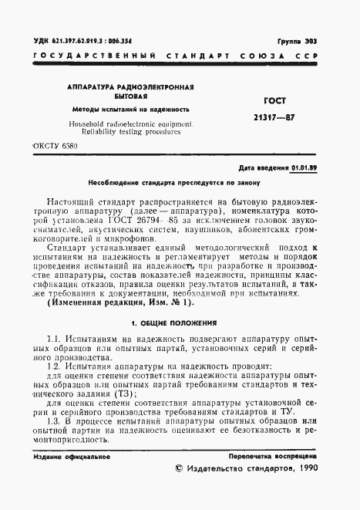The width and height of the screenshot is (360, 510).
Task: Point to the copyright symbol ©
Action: [x=180, y=468]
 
